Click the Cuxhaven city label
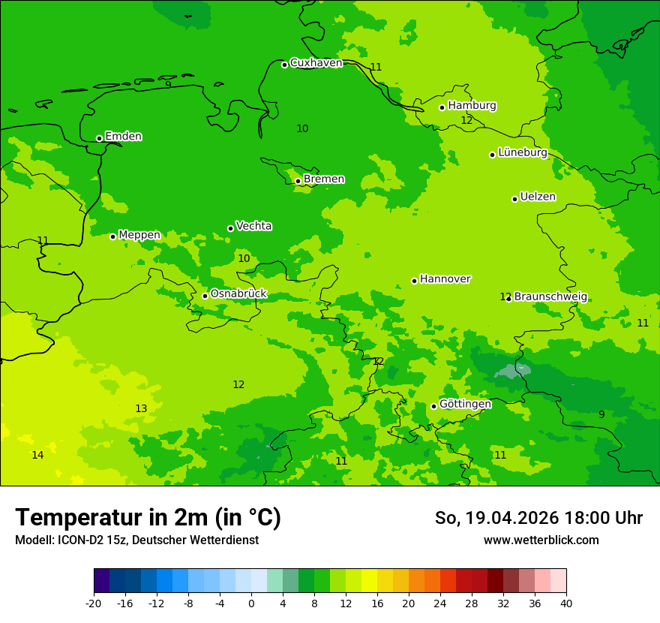(316, 63)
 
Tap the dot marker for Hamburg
(442, 107)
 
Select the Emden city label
(123, 137)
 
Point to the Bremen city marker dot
(298, 181)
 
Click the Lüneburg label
(522, 152)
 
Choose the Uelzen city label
(538, 197)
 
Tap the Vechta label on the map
(253, 226)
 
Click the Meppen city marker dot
(112, 236)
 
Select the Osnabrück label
(238, 293)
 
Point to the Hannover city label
(445, 279)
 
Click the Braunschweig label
(550, 296)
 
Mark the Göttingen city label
(465, 404)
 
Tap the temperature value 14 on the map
(37, 455)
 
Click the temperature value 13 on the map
(141, 408)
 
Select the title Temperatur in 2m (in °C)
(148, 518)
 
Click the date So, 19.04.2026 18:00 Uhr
(538, 518)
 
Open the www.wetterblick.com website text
(541, 540)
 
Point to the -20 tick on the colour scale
(94, 603)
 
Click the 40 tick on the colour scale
(566, 603)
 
